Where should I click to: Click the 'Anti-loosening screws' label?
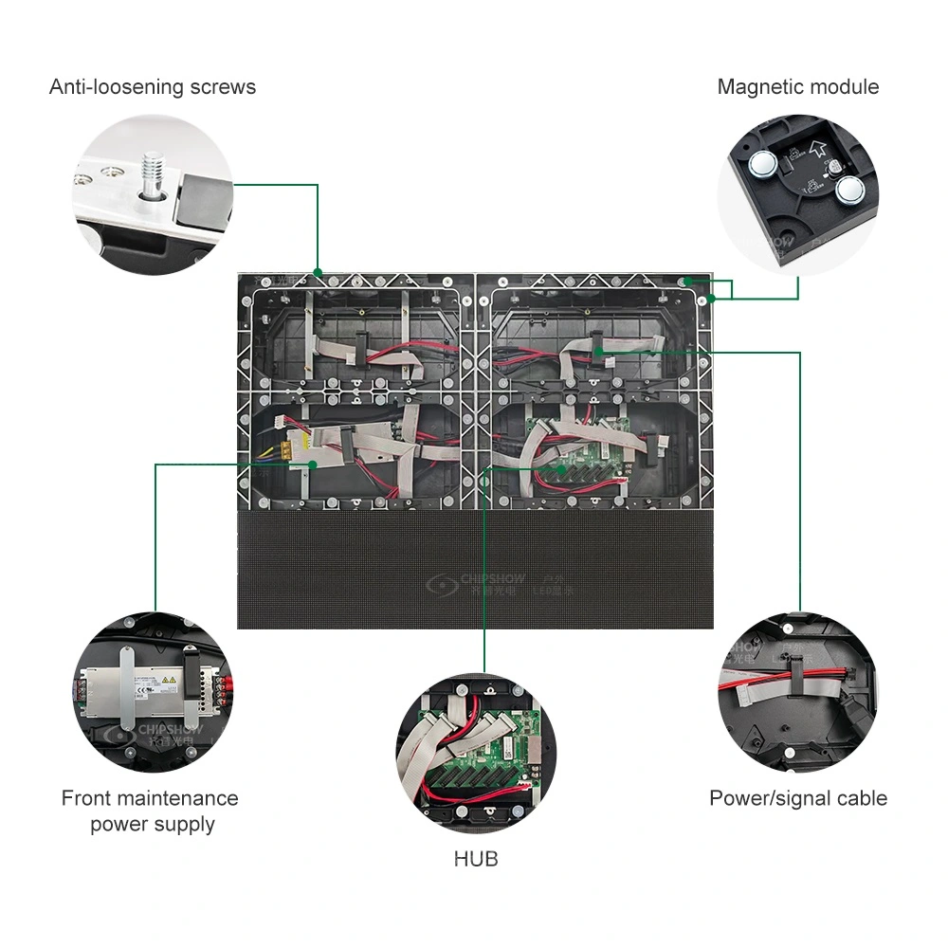pyautogui.click(x=153, y=87)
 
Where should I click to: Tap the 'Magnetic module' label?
pyautogui.click(x=797, y=87)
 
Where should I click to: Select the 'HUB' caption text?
pyautogui.click(x=475, y=859)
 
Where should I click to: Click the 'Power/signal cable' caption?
pyautogui.click(x=798, y=798)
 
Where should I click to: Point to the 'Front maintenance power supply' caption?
pyautogui.click(x=150, y=811)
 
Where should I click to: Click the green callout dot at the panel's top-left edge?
pyautogui.click(x=319, y=272)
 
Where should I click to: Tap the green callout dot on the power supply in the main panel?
pyautogui.click(x=314, y=464)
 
